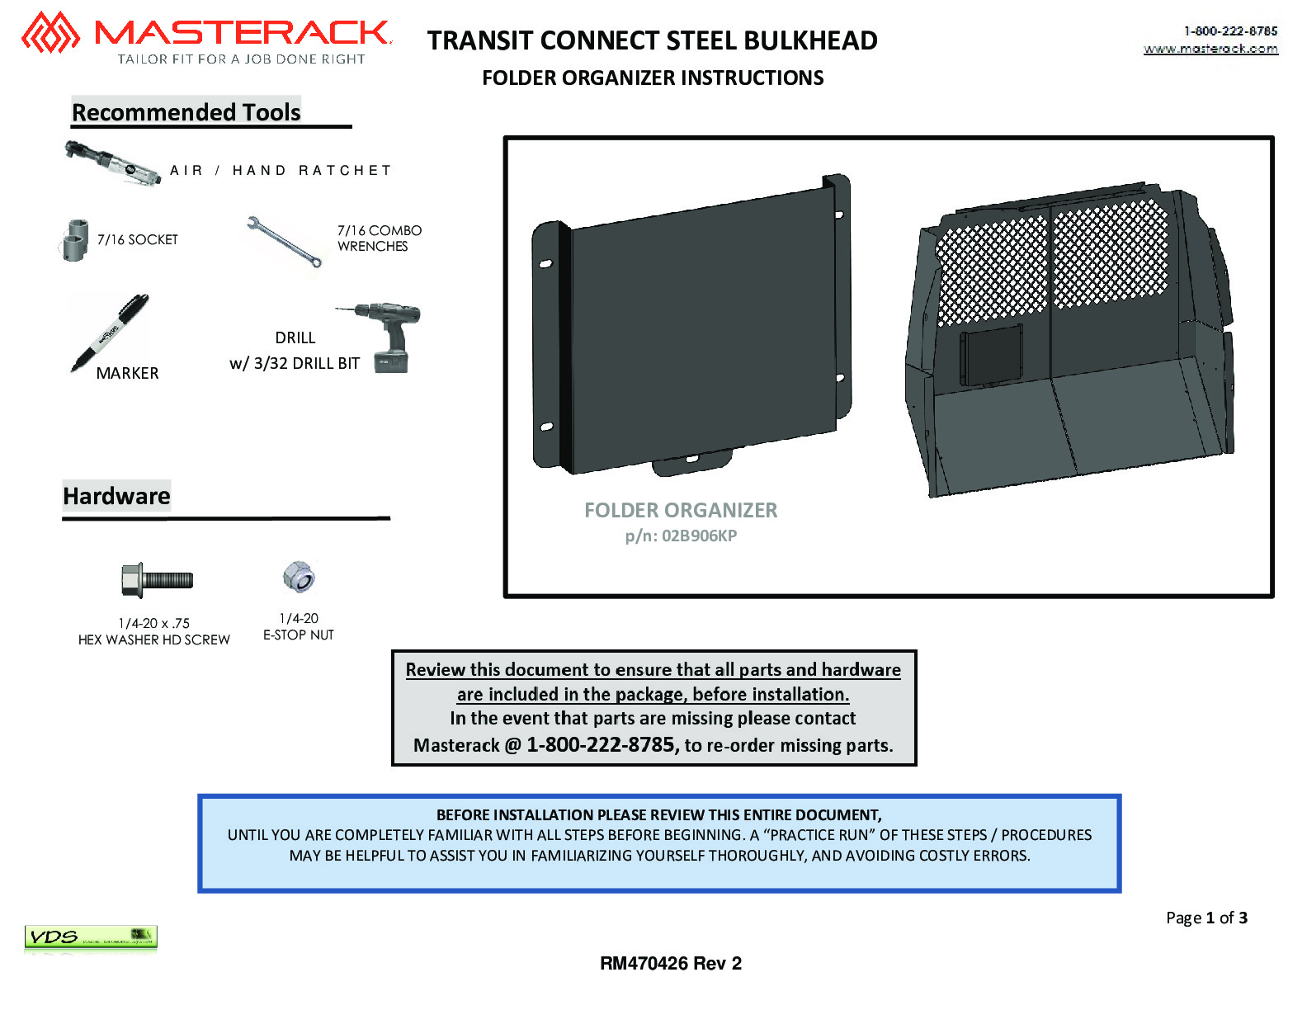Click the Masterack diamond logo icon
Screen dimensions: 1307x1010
coord(50,32)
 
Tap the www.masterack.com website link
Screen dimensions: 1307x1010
coord(1210,49)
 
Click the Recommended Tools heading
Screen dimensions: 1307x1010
coord(186,112)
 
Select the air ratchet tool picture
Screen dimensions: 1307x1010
coord(112,163)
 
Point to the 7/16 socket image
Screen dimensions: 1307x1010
coord(75,240)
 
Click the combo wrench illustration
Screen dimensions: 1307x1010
coord(284,241)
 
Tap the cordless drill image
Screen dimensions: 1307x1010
coord(385,337)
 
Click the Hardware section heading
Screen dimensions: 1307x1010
coord(116,496)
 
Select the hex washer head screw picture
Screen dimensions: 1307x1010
coord(157,580)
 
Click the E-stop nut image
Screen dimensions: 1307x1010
coord(299,576)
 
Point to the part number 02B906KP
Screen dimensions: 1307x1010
coord(699,536)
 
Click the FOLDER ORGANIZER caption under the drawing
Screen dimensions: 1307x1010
coord(681,510)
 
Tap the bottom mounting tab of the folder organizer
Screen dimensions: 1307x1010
coord(692,461)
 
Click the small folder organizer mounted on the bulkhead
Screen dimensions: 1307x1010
coord(990,356)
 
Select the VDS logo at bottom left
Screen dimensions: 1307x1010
coord(91,937)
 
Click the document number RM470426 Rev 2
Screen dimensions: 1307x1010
coord(671,964)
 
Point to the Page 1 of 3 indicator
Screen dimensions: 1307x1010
coord(1206,918)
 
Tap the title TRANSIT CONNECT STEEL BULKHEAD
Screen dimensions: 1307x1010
coord(653,41)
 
